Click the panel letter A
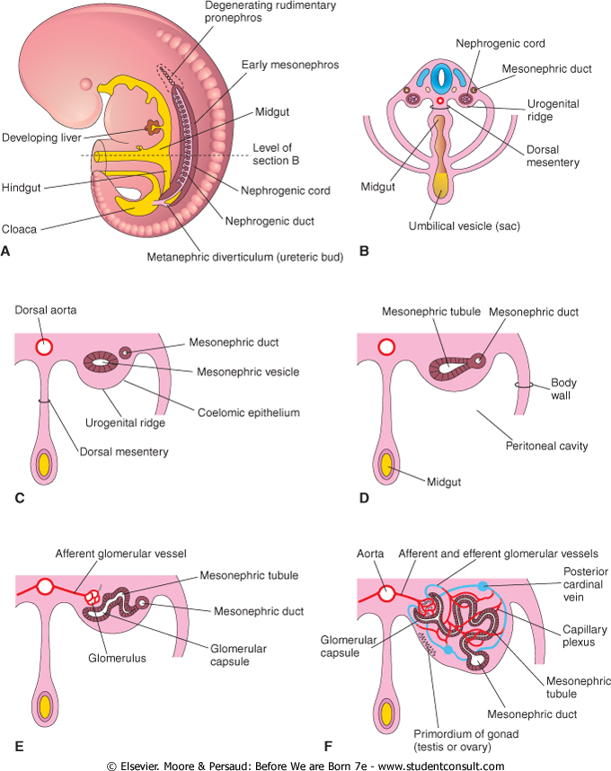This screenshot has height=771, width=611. coord(6,252)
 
